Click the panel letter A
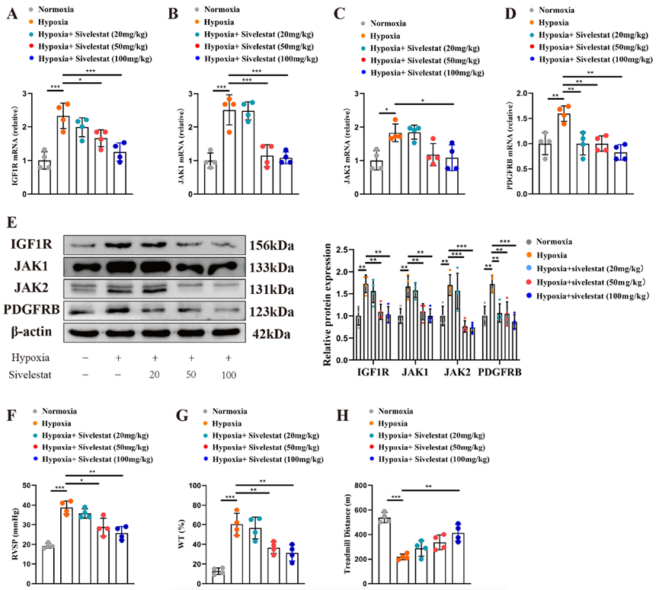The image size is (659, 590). pyautogui.click(x=12, y=14)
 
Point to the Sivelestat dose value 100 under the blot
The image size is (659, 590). pyautogui.click(x=229, y=376)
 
